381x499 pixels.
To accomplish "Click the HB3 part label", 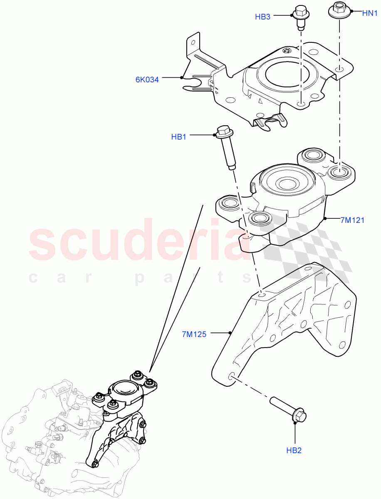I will click(x=263, y=17).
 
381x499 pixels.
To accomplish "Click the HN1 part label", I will click(x=369, y=13).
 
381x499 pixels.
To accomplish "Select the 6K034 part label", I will click(x=147, y=80).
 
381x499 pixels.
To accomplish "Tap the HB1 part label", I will click(x=178, y=137).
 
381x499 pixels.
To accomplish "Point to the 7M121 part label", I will click(x=352, y=220).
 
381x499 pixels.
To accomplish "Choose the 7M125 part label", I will click(x=194, y=334).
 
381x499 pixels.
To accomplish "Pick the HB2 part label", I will click(x=294, y=450).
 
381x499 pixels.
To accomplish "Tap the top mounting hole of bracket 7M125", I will click(x=261, y=294).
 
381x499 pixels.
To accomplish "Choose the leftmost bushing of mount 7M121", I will click(x=228, y=203).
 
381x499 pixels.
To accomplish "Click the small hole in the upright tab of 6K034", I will click(x=192, y=42).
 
